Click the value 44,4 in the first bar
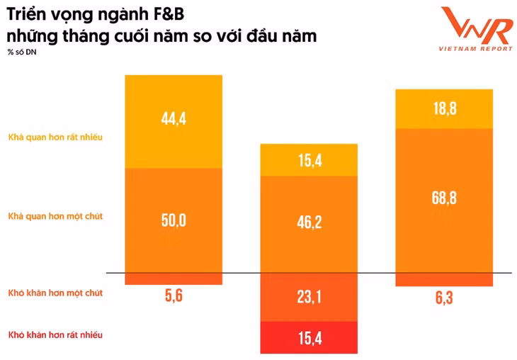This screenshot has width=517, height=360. coord(174,118)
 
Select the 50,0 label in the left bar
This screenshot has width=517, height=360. coord(174,220)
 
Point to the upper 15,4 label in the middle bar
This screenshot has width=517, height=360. coord(308,160)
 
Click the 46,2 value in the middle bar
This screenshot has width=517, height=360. coord(308,223)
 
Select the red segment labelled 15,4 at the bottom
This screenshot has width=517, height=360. coord(308,338)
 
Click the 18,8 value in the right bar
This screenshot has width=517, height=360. coord(443,108)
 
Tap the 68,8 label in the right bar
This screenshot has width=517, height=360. coord(443,198)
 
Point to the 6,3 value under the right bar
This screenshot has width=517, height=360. coord(443,298)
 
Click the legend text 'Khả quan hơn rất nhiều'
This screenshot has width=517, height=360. coord(55,137)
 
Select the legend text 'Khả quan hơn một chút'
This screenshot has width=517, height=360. coord(55,216)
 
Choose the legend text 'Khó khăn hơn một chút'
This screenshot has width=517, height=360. coord(55,293)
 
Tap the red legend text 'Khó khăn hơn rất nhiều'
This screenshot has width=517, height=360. coord(55,334)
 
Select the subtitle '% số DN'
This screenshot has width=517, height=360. coord(21,53)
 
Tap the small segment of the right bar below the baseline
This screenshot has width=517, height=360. coord(443,280)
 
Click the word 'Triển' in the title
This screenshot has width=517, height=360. coord(27,13)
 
